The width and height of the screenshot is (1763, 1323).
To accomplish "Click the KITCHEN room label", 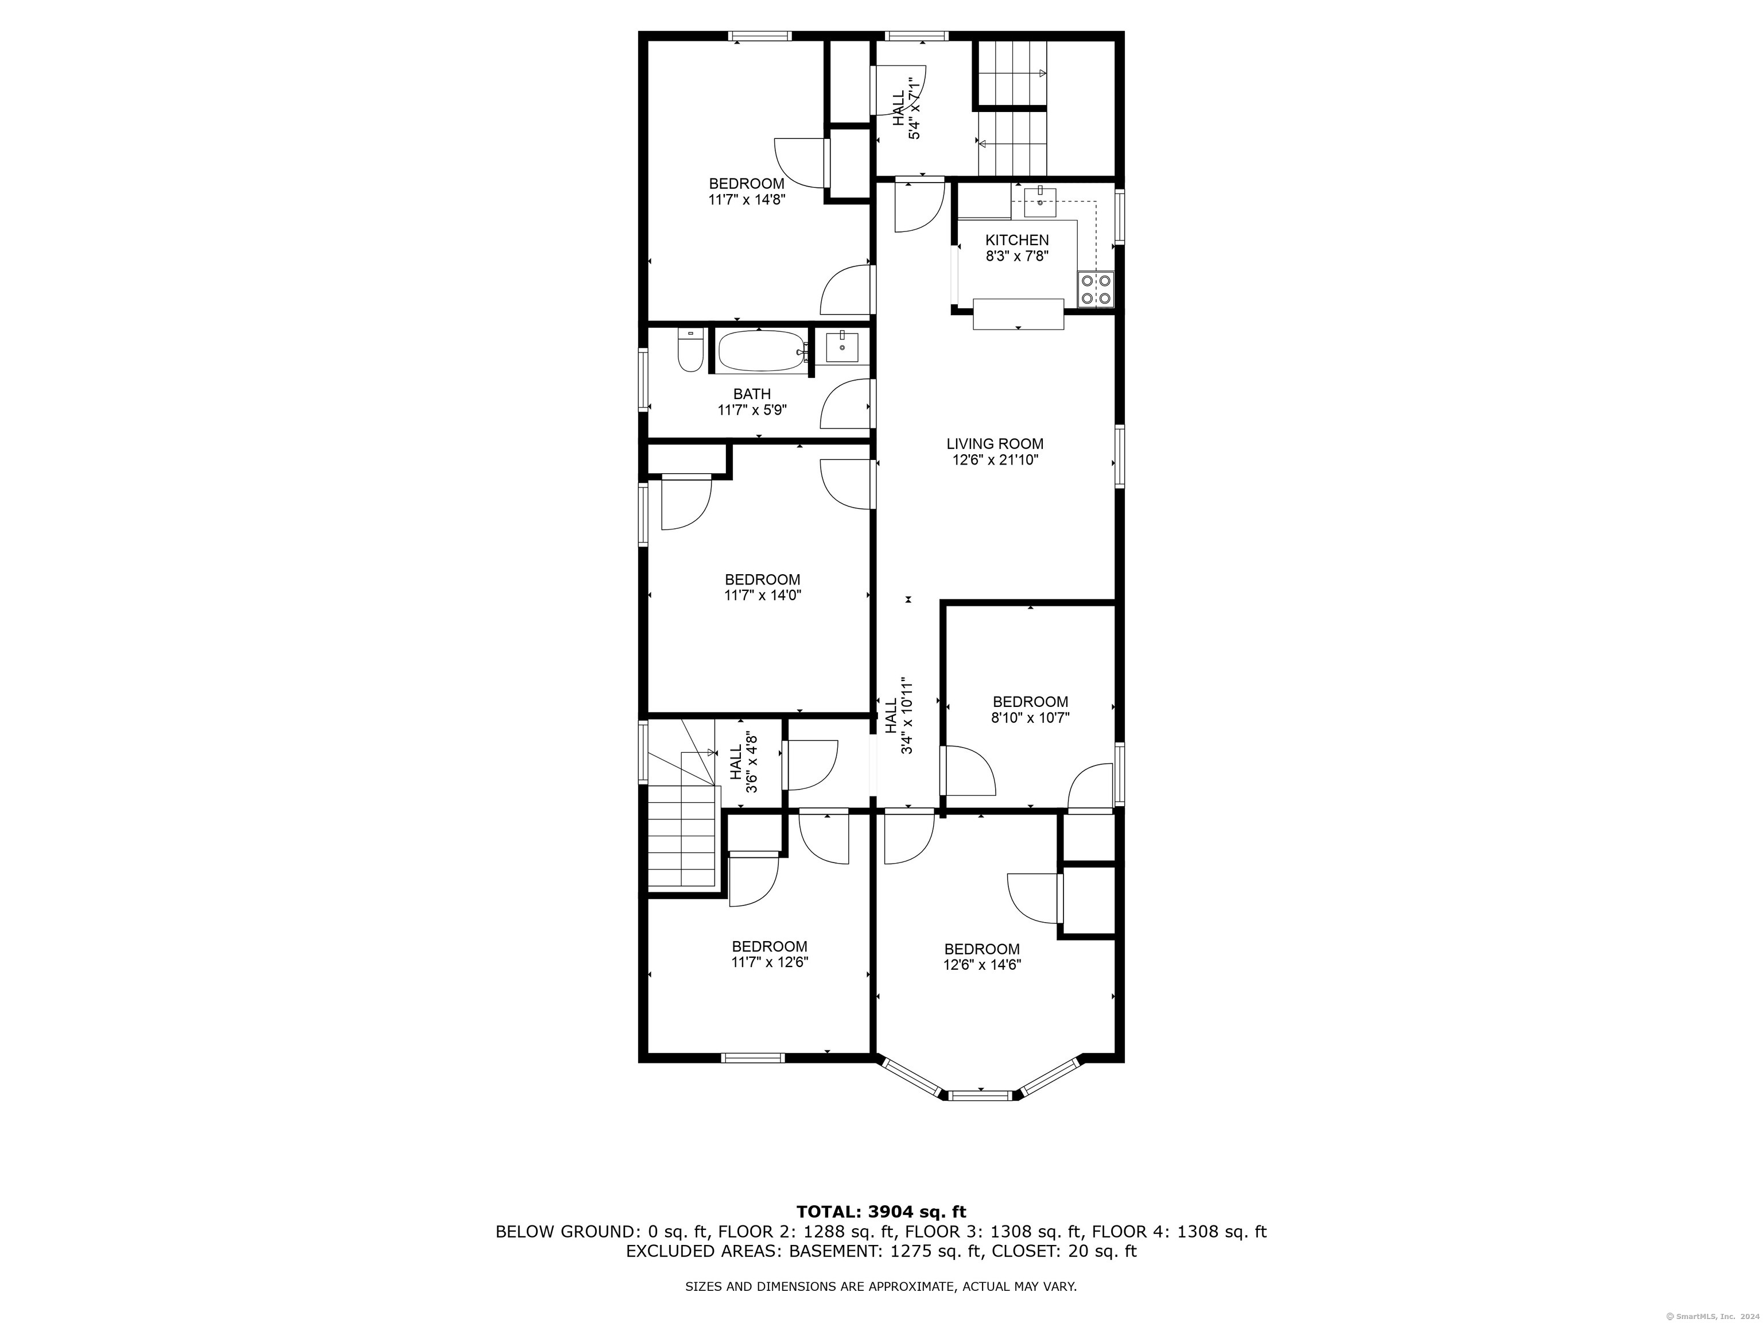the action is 1017,240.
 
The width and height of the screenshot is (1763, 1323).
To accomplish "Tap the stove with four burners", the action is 1096,289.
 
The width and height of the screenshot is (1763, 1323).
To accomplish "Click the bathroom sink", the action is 842,348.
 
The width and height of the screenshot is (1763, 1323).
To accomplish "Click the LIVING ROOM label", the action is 995,444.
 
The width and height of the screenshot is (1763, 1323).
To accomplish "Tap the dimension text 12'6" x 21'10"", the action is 996,460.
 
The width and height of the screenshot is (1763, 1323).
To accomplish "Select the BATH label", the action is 752,394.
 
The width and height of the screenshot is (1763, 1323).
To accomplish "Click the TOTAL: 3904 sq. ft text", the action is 881,1213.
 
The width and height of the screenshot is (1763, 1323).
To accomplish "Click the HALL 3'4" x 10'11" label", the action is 898,716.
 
